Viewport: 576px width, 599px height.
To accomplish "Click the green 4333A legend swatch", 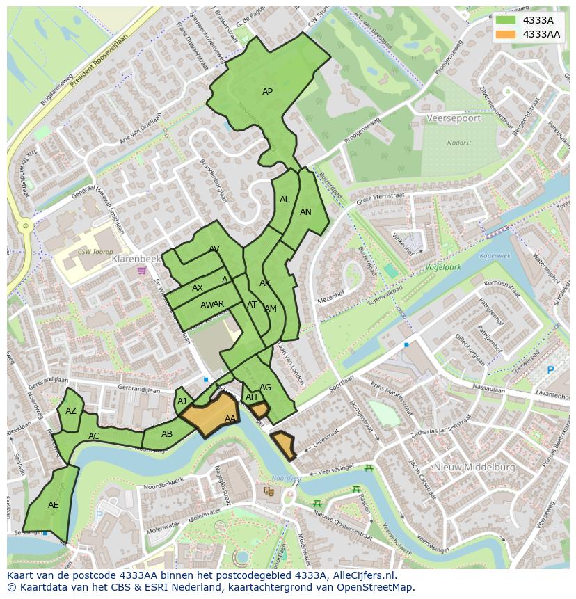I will (506, 20).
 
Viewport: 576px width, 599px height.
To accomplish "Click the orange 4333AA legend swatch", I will (506, 34).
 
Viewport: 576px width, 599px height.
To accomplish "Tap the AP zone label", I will (267, 92).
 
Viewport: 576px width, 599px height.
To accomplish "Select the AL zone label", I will (285, 200).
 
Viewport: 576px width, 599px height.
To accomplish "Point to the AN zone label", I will (305, 212).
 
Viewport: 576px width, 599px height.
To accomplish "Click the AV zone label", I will (214, 249).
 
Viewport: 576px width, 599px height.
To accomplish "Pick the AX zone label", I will (198, 288).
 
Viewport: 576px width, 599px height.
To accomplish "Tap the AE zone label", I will (54, 505).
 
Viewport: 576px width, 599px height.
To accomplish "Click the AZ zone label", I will (71, 411).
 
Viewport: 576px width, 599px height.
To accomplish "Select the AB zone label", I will (167, 434).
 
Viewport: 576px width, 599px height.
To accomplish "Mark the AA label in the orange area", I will (230, 419).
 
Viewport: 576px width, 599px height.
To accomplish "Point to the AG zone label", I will (265, 388).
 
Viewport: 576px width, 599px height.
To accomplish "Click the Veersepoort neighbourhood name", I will (455, 118).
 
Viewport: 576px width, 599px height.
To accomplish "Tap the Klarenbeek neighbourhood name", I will (136, 259).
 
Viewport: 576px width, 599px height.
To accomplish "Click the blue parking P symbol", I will (550, 370).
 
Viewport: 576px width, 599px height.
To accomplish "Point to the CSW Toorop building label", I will (95, 252).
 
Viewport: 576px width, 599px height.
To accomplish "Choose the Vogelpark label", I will (443, 266).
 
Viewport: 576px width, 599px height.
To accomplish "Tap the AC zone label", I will (94, 436).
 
